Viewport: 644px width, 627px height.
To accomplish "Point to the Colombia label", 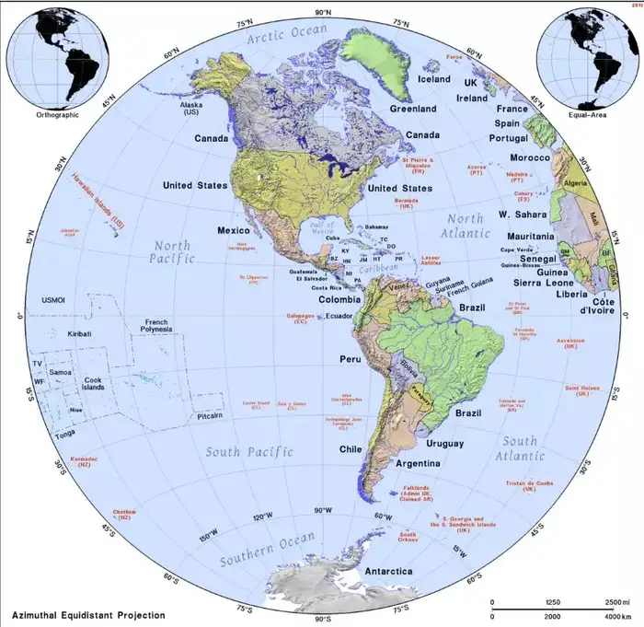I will pos(340,299).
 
